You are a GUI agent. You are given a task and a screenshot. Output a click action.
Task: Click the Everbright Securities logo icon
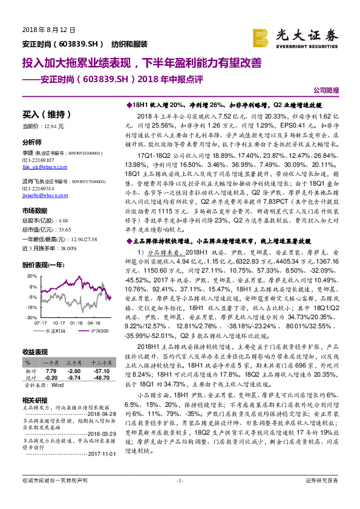tap(261, 36)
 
